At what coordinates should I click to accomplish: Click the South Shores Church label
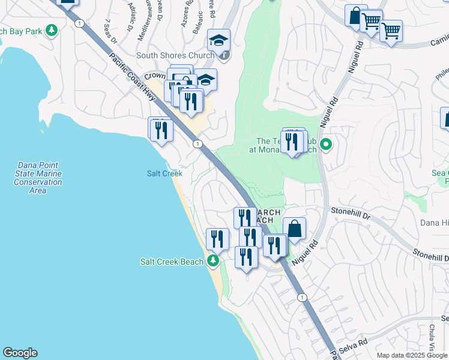click(x=175, y=56)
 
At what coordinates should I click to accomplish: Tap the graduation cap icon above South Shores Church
click(x=218, y=41)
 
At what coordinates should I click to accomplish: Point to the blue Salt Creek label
click(x=164, y=173)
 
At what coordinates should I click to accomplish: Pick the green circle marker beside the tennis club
click(x=327, y=144)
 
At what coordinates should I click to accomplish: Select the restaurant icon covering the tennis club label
click(x=292, y=142)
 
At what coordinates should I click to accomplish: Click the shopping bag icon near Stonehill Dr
click(x=294, y=229)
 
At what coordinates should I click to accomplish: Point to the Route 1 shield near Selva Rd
click(x=301, y=298)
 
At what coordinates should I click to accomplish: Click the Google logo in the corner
click(x=20, y=353)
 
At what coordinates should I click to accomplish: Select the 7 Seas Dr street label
click(x=110, y=32)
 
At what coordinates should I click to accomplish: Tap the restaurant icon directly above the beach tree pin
click(x=217, y=239)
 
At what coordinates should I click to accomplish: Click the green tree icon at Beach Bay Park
click(x=52, y=30)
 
